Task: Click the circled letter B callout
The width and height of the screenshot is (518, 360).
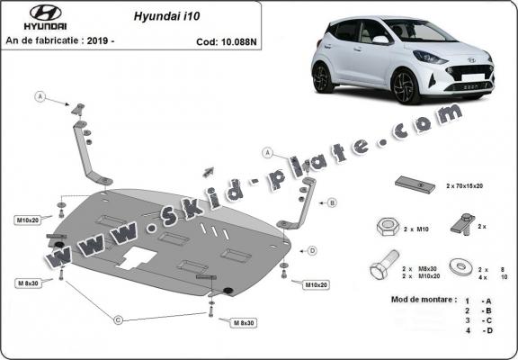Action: pyautogui.click(x=332, y=203)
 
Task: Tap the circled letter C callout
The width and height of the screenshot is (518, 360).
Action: pyautogui.click(x=118, y=318)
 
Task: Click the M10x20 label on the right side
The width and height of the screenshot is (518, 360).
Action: pyautogui.click(x=316, y=285)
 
